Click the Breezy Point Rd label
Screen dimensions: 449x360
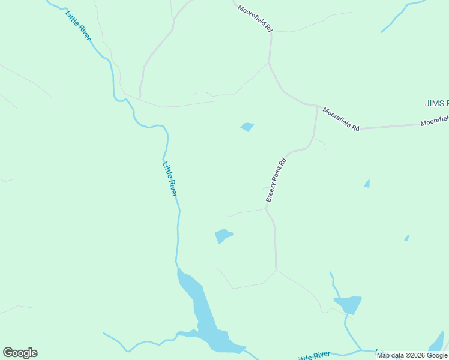(x=277, y=179)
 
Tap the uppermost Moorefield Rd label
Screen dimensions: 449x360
(x=255, y=19)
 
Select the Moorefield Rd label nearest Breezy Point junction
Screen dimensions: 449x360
(x=340, y=119)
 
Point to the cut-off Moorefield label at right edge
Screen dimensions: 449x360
(x=434, y=121)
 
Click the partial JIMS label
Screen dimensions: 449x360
(x=436, y=103)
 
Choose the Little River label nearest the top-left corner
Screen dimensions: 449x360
(x=78, y=25)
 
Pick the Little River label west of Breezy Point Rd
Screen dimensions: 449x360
(x=170, y=179)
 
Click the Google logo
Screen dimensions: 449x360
(x=20, y=353)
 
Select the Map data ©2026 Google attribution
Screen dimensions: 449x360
(x=412, y=355)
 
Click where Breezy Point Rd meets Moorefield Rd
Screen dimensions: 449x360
(x=317, y=107)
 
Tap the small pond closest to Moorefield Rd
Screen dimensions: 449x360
(x=247, y=127)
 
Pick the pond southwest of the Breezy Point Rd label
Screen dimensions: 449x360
(x=223, y=235)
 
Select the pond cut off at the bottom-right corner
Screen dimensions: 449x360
(x=438, y=343)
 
